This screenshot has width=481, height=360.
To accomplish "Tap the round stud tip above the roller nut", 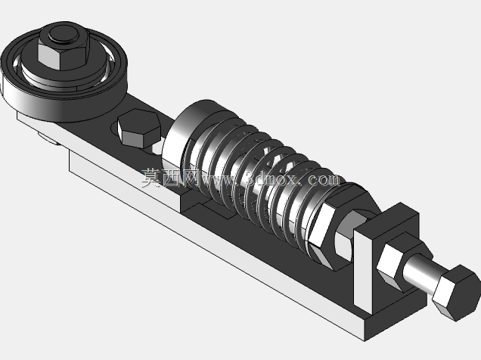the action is pyautogui.click(x=64, y=34).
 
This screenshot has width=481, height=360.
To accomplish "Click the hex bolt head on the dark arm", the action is pyautogui.click(x=138, y=129).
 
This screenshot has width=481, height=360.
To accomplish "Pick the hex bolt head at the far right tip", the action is pyautogui.click(x=455, y=293).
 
